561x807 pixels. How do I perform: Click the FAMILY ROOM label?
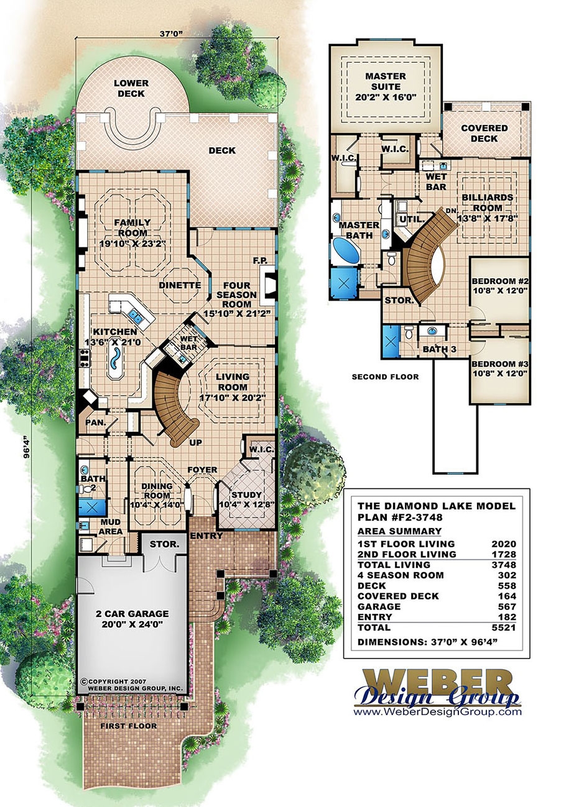tap(131, 227)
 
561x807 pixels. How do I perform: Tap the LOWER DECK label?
tap(131, 88)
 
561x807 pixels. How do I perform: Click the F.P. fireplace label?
tap(259, 260)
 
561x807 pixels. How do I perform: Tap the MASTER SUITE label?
tap(386, 81)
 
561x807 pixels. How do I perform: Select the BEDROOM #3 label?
tap(499, 369)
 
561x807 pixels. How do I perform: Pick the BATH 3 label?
tap(440, 350)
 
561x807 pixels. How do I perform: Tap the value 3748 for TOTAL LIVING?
tap(504, 564)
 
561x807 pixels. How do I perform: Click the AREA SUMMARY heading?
tap(399, 531)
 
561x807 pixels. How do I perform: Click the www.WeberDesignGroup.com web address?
tap(437, 713)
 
